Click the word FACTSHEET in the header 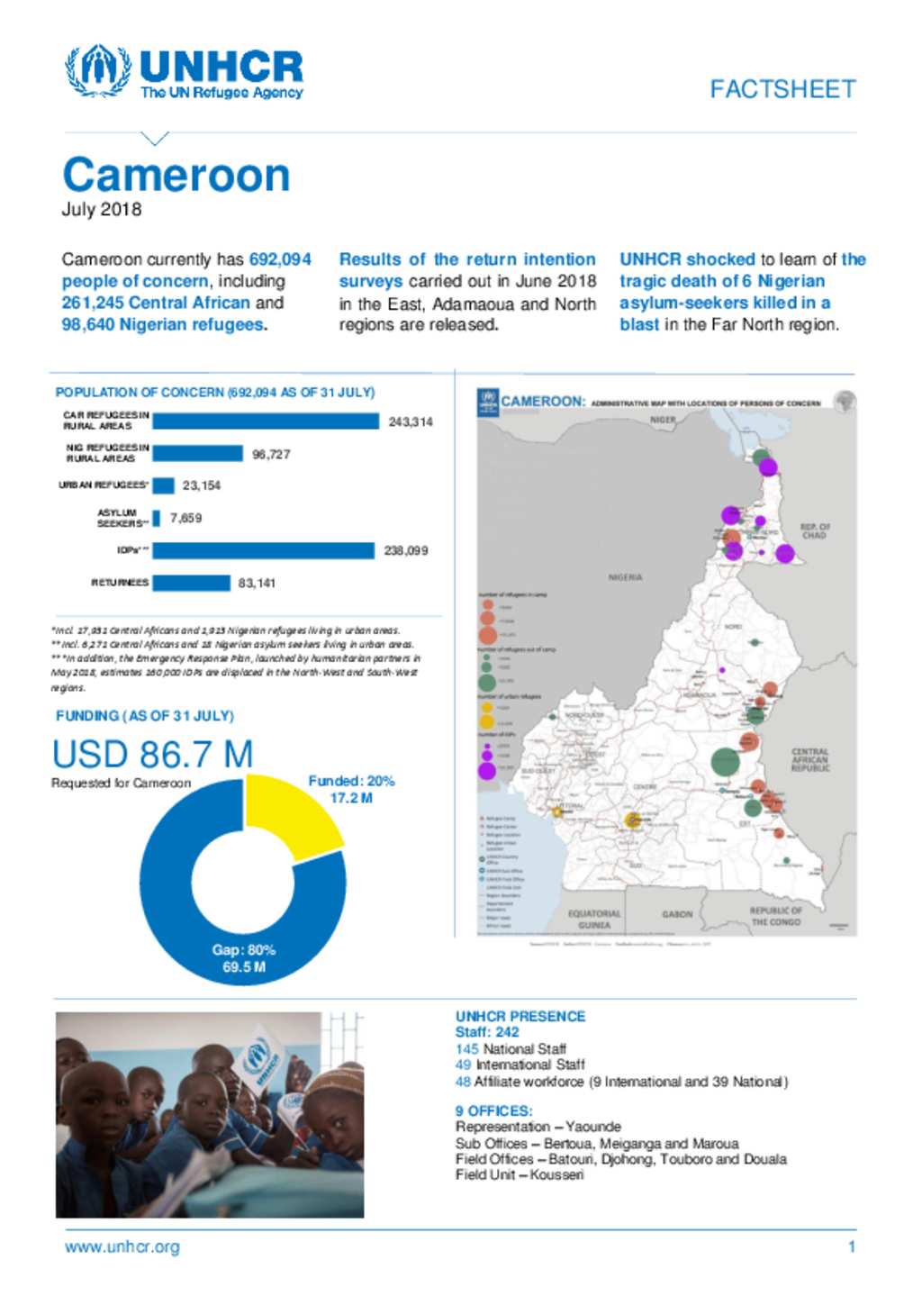point(782,89)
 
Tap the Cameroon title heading point(176,175)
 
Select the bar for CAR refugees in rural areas point(266,421)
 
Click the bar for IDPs point(263,550)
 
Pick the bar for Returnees point(191,583)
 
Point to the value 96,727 point(271,454)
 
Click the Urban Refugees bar point(163,485)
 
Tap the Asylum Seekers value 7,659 point(185,518)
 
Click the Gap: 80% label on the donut point(244,950)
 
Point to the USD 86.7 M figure point(152,755)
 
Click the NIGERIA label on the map point(625,577)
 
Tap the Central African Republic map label point(809,759)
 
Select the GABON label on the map point(677,914)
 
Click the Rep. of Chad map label point(815,530)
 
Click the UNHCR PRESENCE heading point(520,1016)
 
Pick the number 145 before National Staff point(466,1049)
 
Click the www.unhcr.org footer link point(122,1247)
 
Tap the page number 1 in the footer point(851,1247)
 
